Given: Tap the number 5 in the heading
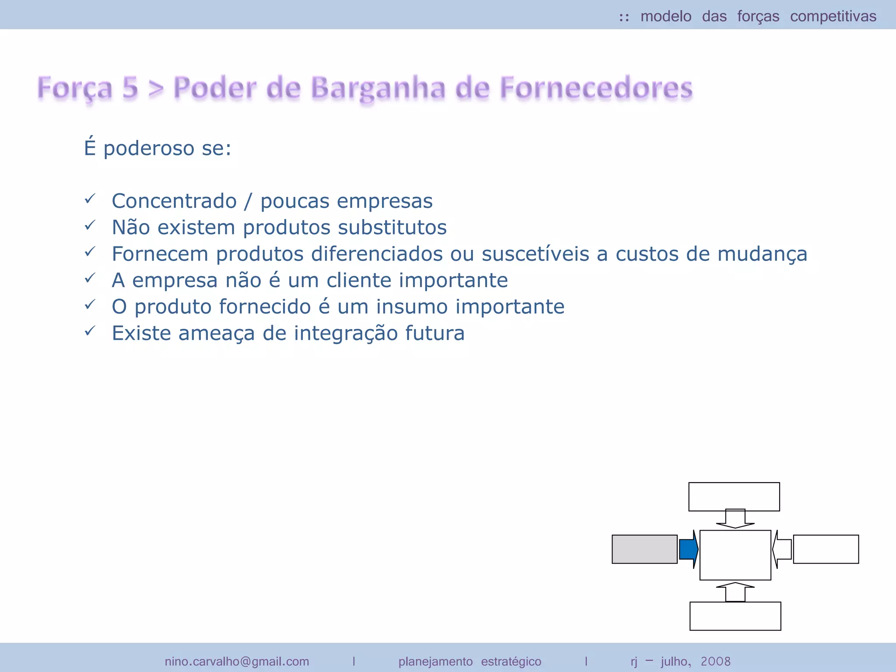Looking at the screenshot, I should coord(130,87).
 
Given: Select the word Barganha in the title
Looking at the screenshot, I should coord(379,88).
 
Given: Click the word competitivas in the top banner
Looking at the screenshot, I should coord(833,17).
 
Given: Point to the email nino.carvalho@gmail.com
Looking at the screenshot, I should coord(237,661).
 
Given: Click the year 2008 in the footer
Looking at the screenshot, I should coord(716,661).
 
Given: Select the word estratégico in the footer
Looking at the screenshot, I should coord(511,661).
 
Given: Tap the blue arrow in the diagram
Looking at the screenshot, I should coord(689,549).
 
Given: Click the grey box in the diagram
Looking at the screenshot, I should coord(644,549).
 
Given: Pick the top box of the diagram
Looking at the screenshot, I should coord(734,497).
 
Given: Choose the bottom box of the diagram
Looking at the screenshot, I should coord(735,616).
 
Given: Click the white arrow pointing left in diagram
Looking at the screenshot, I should coord(782,549).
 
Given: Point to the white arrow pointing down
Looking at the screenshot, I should coord(735,519).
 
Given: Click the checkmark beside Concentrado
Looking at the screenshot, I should coord(90,199).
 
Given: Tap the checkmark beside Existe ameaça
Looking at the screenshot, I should coord(90,331).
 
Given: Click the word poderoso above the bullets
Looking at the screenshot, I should coord(149,148).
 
